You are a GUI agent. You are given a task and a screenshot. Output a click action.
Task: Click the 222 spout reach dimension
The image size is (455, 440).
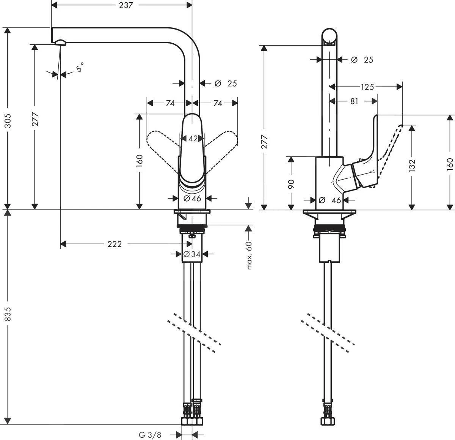(x=115, y=244)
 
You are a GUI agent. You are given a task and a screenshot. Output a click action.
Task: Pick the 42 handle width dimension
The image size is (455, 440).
(x=193, y=139)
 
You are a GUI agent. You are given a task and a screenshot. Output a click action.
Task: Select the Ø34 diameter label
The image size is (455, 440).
(x=192, y=254)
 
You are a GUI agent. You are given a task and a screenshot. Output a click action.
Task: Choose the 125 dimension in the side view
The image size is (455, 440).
(x=367, y=87)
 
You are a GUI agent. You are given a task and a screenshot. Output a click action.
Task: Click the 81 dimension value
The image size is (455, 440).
(x=354, y=101)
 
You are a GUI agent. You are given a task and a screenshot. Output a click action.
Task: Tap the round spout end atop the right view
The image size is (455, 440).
(x=329, y=36)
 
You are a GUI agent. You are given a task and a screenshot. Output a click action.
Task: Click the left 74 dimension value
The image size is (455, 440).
(x=169, y=103)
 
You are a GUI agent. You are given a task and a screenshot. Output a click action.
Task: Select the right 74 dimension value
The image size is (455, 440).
(x=217, y=103)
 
